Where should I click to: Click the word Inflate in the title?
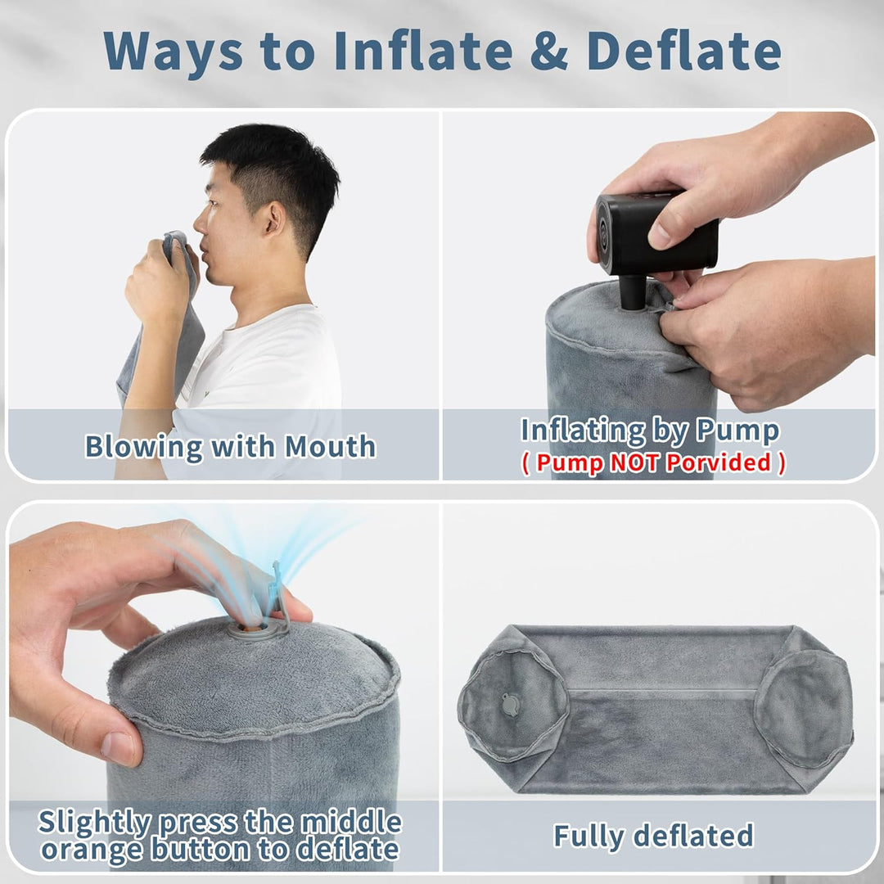[x=423, y=51]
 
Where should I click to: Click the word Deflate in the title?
[x=683, y=51]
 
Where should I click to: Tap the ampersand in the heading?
[x=549, y=51]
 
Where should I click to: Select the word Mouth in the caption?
[x=330, y=447]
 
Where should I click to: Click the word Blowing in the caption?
[x=143, y=448]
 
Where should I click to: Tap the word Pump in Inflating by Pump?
[x=737, y=431]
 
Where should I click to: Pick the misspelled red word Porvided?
[x=719, y=462]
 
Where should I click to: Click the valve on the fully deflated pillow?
[x=511, y=705]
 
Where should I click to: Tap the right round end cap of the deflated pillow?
[x=803, y=709]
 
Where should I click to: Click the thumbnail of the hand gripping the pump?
[x=660, y=236]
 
